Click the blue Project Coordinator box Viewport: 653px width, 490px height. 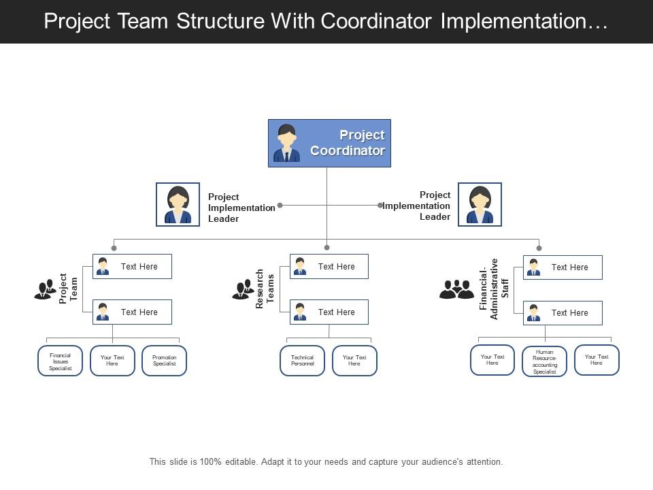pos(329,143)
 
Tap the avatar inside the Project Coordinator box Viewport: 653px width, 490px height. pos(286,144)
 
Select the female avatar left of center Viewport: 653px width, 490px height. pos(178,204)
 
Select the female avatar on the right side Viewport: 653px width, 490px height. pos(480,204)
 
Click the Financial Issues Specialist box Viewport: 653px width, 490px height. pos(60,361)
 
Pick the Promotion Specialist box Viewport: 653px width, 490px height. pos(164,361)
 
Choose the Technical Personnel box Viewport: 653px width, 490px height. pos(302,361)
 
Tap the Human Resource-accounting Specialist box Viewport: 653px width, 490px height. pos(544,362)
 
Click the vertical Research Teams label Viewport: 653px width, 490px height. pos(265,289)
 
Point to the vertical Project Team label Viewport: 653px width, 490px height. pos(68,289)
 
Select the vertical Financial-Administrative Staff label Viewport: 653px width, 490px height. pos(494,289)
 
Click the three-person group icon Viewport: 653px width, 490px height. pos(456,289)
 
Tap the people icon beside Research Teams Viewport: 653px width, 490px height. pos(243,290)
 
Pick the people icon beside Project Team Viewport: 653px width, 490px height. pos(45,289)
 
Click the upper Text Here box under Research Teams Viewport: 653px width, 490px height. pos(329,267)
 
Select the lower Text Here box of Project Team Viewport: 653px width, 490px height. pos(132,312)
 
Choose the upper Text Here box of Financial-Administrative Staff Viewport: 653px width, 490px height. pos(563,267)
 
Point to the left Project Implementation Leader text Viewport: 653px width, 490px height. pos(241,208)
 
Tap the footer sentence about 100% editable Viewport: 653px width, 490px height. pos(326,461)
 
